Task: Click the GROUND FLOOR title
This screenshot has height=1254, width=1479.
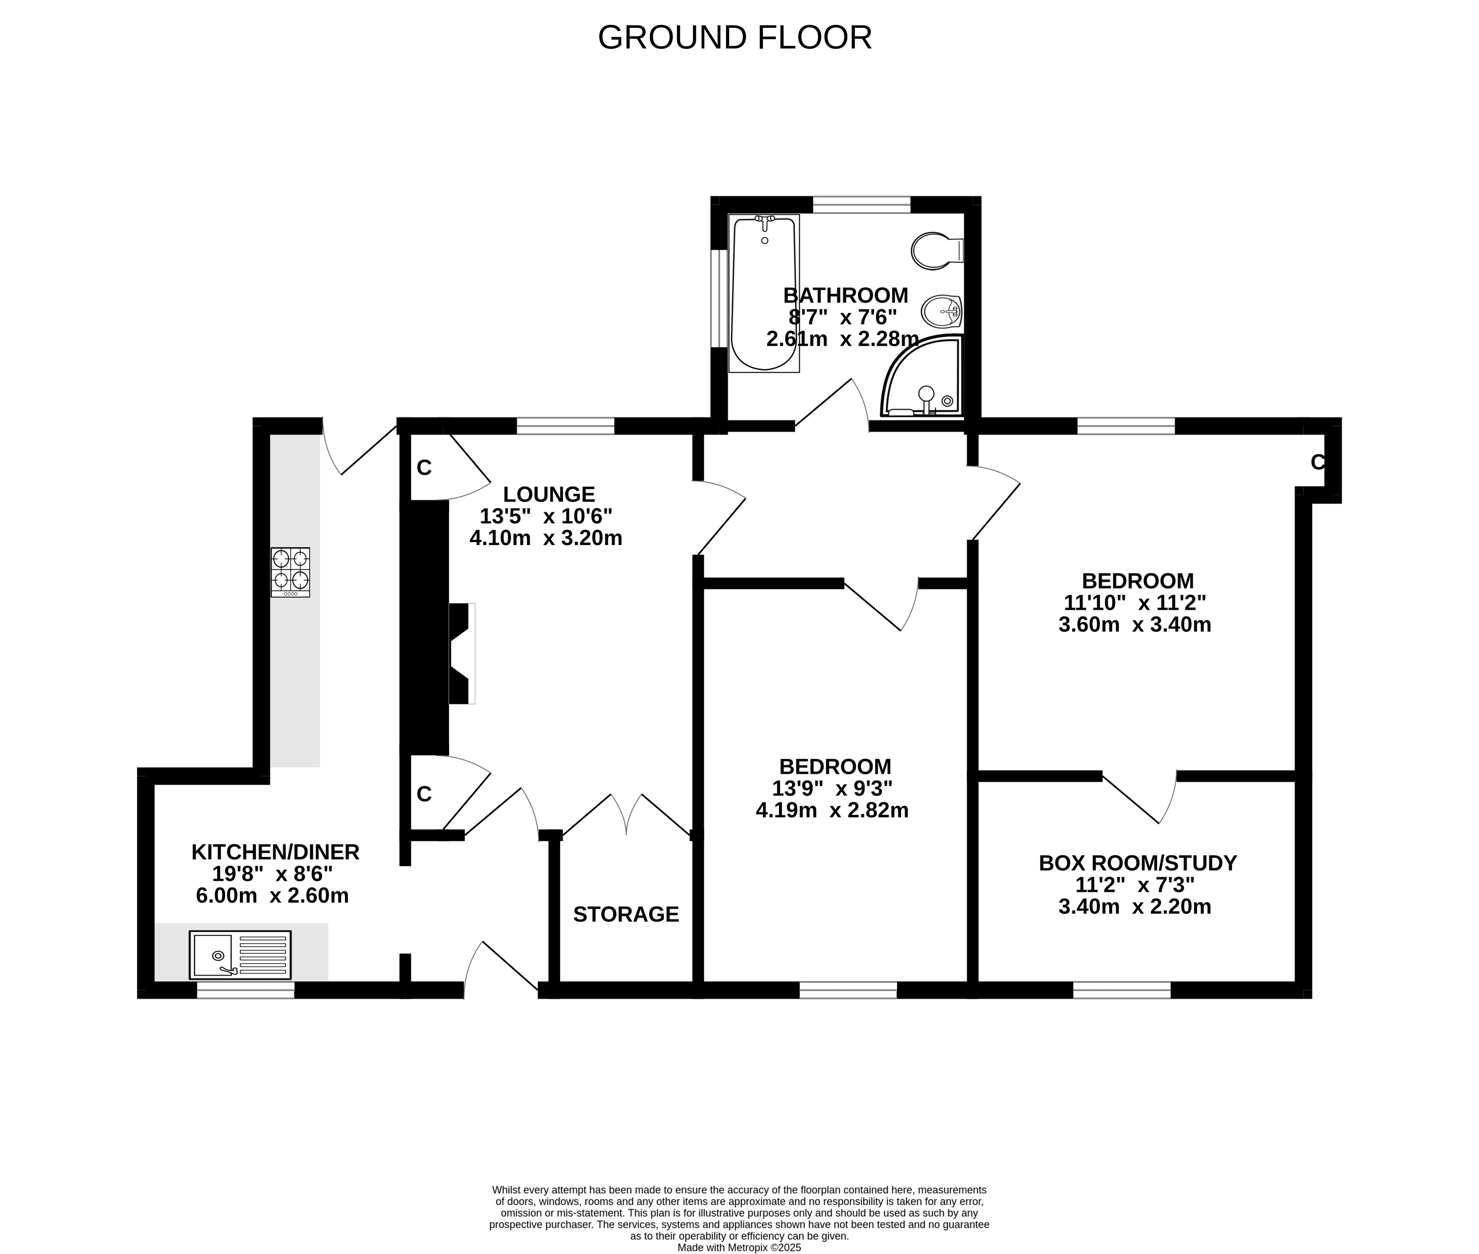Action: [735, 38]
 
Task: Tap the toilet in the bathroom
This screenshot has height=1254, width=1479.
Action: [937, 250]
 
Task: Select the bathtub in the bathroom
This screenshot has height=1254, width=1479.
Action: [765, 293]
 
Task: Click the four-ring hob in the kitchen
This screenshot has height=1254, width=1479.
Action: [290, 572]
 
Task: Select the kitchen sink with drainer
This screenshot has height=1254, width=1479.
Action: [240, 955]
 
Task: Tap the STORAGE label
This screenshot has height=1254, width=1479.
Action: [626, 914]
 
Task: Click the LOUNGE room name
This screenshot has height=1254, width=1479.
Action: [549, 494]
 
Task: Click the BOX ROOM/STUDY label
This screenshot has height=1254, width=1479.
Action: [1138, 863]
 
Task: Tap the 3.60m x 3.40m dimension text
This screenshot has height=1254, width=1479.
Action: [1135, 624]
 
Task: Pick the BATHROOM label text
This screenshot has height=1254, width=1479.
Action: [846, 295]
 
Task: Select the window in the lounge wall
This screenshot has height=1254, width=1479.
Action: [565, 426]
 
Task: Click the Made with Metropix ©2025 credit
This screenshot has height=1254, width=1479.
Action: [740, 1247]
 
